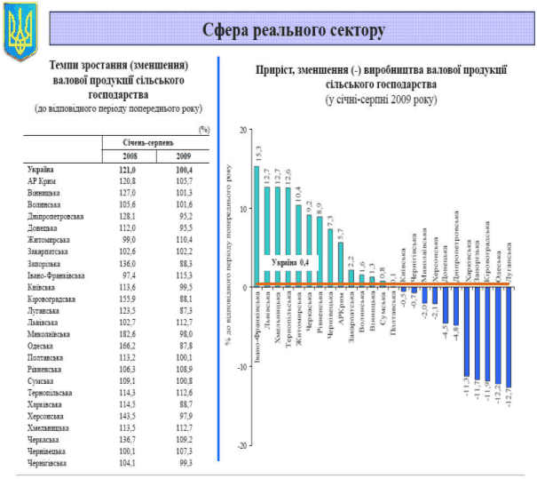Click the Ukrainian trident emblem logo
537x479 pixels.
pos(17,31)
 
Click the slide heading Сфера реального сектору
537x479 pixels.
pos(293,31)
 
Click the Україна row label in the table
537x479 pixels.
pos(41,169)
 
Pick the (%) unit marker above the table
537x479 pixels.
pos(204,129)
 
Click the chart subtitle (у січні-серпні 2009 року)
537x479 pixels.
pos(382,97)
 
